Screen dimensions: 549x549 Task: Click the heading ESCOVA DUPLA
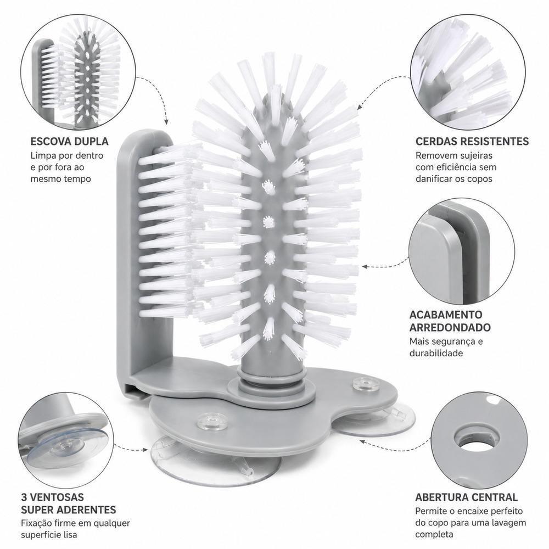pos(69,142)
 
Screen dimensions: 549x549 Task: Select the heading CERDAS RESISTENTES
pos(472,142)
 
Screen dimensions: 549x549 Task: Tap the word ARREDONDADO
pos(450,328)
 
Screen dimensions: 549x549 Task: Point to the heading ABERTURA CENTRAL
pos(466,497)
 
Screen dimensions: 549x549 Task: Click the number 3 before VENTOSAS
pos(24,497)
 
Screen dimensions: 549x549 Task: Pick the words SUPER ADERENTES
pos(69,509)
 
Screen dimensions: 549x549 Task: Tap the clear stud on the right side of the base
pos(366,384)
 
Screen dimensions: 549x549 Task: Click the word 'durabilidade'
pos(436,352)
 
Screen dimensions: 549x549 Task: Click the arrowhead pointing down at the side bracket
pos(166,122)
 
